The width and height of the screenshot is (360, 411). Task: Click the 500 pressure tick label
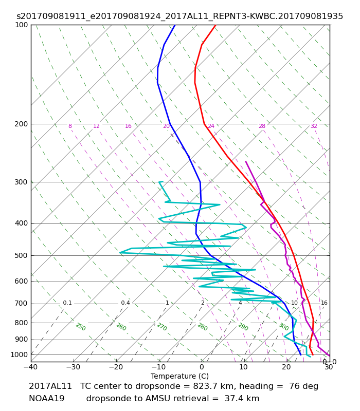pos(21,255)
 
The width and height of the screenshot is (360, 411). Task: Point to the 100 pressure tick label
pos(21,25)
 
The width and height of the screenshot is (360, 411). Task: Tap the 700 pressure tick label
pos(21,304)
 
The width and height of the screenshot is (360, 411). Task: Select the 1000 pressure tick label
pos(19,354)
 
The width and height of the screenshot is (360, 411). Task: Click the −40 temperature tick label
pos(31,367)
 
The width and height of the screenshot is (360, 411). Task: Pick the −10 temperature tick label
pos(159,367)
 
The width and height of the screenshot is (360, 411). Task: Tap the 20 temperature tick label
pos(286,367)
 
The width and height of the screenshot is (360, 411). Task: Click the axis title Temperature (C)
pos(179,376)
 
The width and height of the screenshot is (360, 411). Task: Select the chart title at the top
pos(179,16)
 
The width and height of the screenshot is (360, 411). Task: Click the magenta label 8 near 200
pos(70,126)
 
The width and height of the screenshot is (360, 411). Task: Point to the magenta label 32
pos(314,126)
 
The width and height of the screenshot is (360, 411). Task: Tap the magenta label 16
pos(128,126)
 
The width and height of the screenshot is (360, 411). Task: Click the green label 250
pos(81,327)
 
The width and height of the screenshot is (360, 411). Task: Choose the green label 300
pos(284,327)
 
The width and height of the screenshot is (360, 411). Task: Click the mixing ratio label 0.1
pos(67,303)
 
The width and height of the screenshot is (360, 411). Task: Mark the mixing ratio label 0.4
pos(125,303)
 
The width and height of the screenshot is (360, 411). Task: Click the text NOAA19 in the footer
pos(47,399)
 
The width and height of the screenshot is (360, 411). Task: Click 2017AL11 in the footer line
pos(50,386)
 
